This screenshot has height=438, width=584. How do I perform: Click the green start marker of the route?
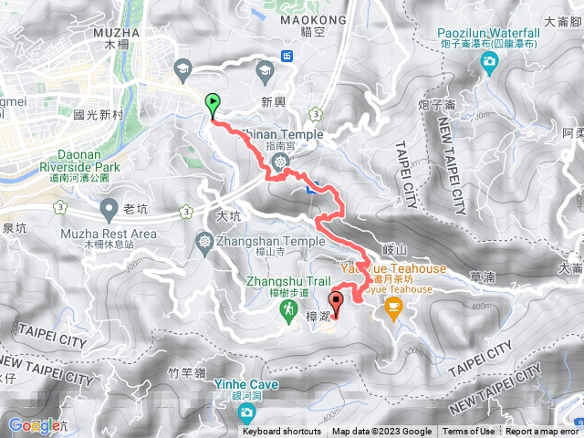(x=214, y=103)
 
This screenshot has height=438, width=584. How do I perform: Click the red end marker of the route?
(x=334, y=302)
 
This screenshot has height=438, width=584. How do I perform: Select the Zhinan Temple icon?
(x=280, y=162)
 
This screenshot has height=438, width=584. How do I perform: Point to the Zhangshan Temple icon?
(x=203, y=241)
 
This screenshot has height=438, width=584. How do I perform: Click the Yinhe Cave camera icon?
(x=246, y=413)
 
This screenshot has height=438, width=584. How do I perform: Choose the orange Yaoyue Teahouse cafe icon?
(x=393, y=307)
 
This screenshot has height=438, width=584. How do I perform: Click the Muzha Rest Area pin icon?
(x=109, y=209)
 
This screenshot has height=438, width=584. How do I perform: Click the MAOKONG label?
(x=295, y=20)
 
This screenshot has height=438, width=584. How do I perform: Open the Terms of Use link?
(x=469, y=432)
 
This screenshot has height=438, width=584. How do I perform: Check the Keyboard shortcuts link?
(x=282, y=432)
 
